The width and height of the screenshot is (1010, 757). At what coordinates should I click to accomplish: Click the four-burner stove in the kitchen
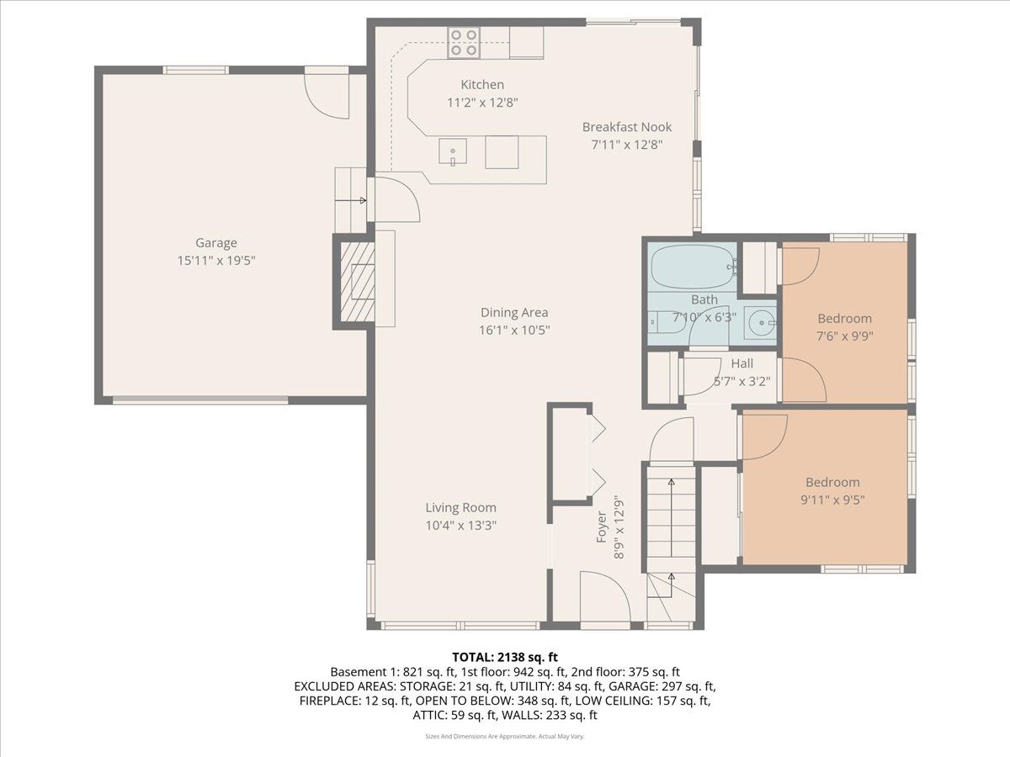(464, 42)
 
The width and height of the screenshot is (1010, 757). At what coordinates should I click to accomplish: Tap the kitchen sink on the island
(452, 151)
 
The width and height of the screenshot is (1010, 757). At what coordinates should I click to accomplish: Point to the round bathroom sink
(759, 323)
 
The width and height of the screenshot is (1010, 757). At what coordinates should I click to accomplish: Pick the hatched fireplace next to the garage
(357, 282)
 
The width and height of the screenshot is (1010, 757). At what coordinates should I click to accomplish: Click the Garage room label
(216, 243)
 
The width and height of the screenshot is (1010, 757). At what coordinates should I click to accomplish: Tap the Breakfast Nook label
(627, 127)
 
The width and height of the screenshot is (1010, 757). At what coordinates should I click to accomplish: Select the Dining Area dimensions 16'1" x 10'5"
(514, 330)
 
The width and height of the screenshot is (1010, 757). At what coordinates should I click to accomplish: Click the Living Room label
(460, 507)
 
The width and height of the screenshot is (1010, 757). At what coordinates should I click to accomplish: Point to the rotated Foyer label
(602, 527)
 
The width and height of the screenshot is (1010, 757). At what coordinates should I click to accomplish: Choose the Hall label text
(742, 363)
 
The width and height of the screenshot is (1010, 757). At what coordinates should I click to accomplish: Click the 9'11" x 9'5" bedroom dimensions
(833, 500)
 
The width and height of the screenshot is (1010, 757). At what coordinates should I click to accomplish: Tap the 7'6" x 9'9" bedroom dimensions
(845, 336)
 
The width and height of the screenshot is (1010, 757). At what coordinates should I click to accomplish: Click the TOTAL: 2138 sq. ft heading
(505, 657)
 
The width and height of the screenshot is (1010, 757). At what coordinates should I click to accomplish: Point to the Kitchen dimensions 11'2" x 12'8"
(482, 102)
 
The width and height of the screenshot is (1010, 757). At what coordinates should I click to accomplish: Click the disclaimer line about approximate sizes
(505, 736)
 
